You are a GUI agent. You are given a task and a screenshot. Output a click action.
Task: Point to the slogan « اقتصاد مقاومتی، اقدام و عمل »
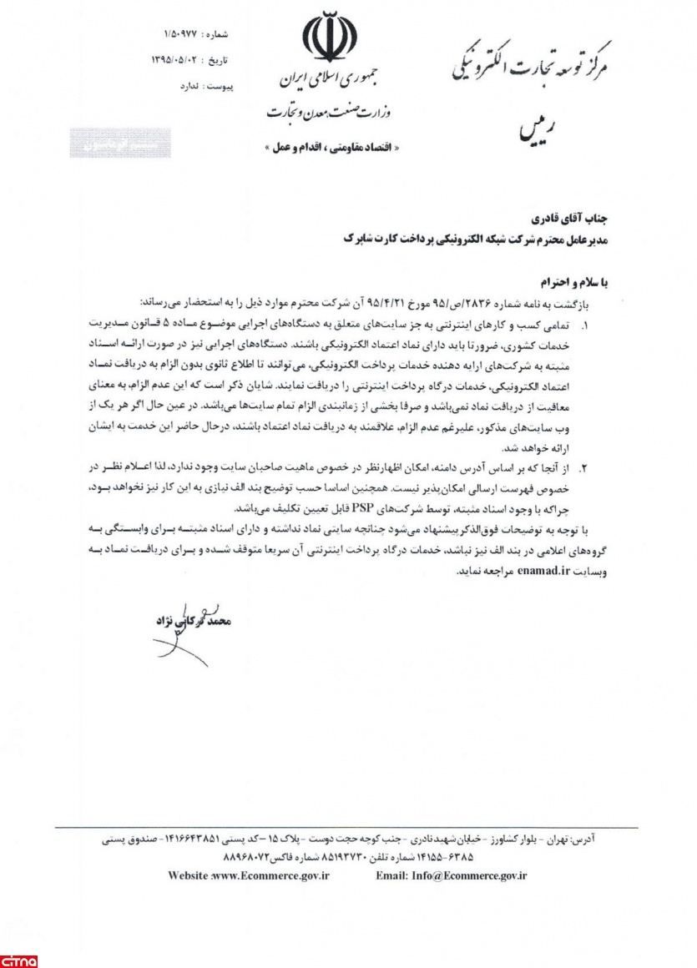coord(331,146)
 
